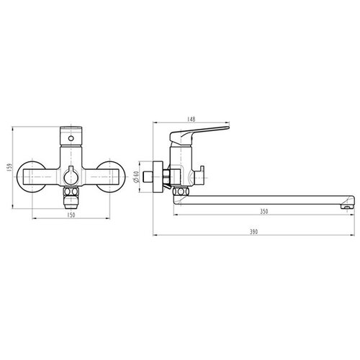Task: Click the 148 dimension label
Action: tap(192, 119)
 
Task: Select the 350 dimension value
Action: tap(264, 212)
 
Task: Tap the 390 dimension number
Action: tap(253, 232)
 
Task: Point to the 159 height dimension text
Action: tap(9, 167)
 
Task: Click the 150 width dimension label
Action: tap(71, 215)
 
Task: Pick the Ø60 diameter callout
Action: tap(136, 177)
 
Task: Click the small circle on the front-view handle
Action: tap(71, 138)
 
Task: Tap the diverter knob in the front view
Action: tap(71, 176)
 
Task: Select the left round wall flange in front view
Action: tap(31, 176)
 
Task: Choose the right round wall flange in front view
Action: tap(110, 176)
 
